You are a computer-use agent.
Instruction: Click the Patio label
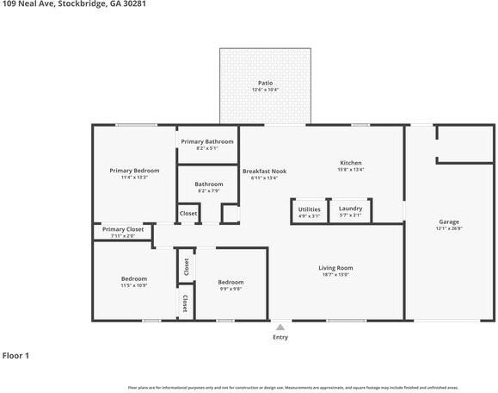pos(265,83)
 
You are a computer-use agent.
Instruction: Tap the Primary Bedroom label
pos(134,171)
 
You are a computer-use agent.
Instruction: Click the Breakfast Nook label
pos(264,171)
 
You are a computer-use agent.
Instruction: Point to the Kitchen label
pos(350,162)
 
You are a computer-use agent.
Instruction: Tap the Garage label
pos(449,222)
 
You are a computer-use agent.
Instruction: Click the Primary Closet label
pos(123,229)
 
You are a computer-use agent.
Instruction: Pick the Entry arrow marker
pos(280,327)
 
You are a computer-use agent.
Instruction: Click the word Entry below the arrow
pos(280,337)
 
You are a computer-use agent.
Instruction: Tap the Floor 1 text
pos(15,355)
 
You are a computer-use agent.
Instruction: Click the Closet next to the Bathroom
pos(188,213)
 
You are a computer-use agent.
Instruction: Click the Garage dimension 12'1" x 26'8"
pos(449,228)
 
